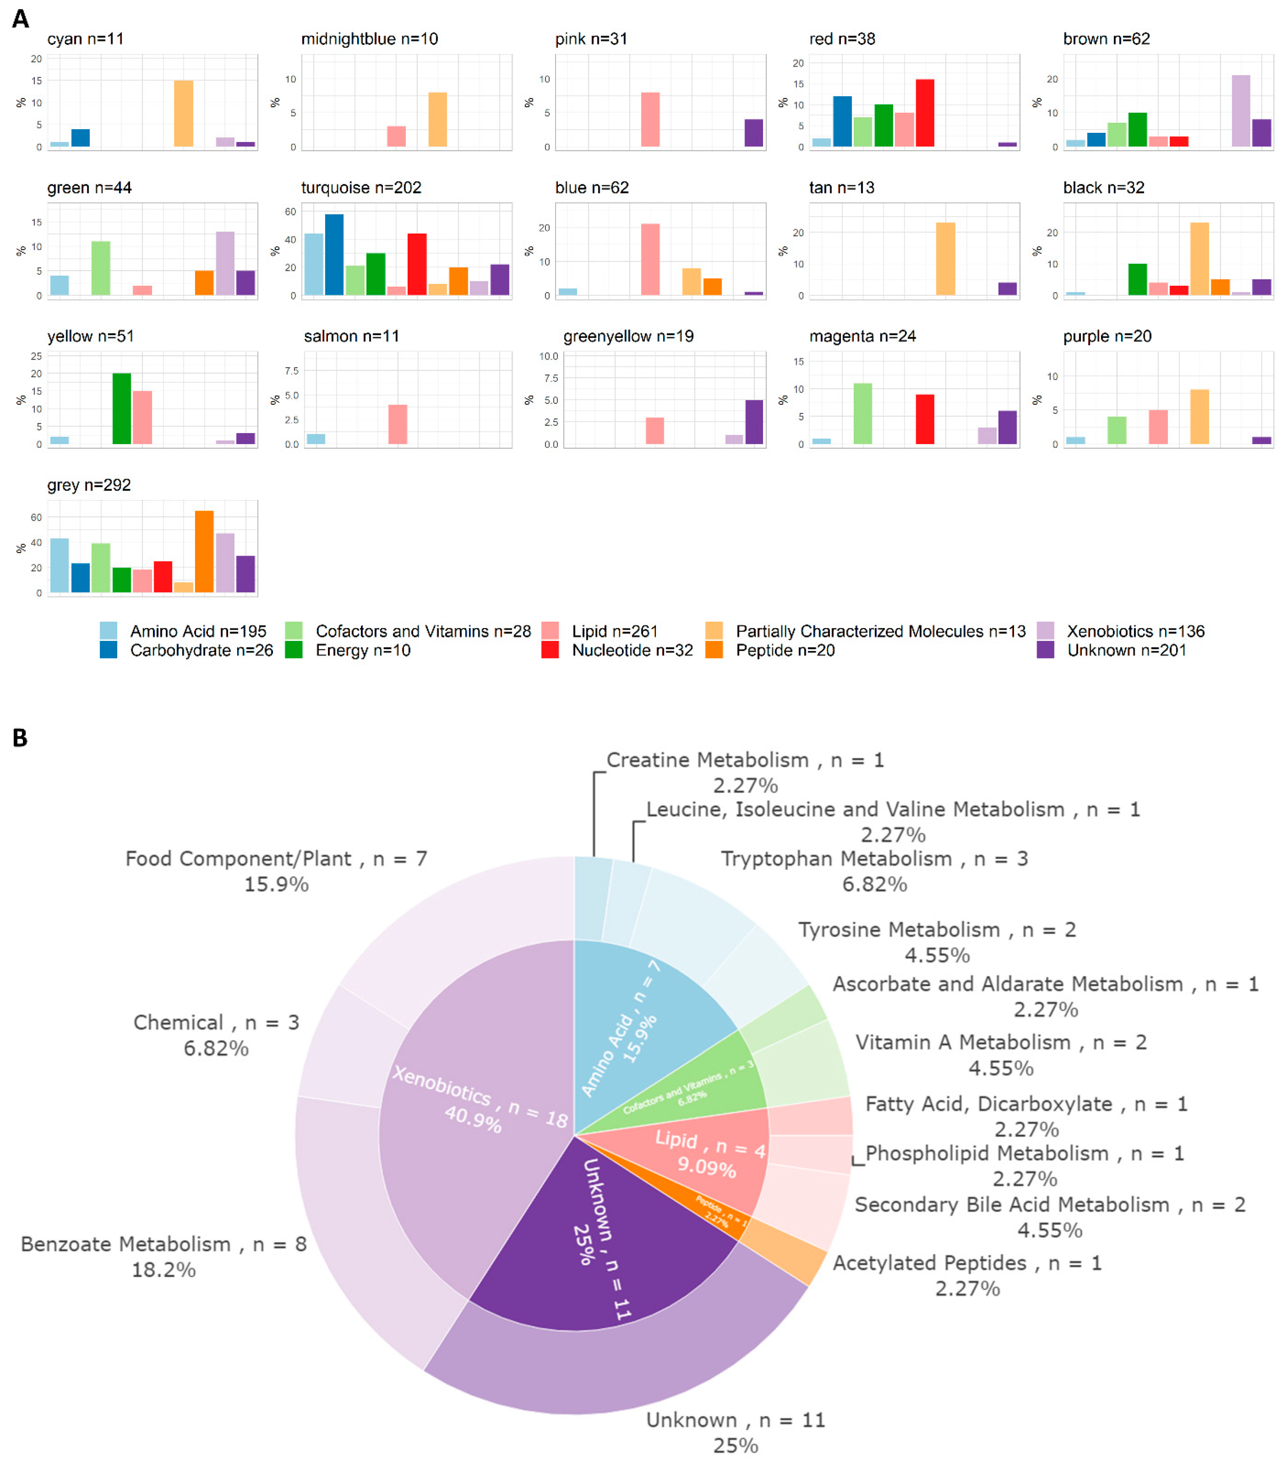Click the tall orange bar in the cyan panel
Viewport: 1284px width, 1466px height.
(x=183, y=113)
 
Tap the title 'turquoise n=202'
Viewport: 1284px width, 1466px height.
(x=361, y=188)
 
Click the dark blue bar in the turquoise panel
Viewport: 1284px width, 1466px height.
(x=334, y=254)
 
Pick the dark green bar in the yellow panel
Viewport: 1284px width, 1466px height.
(x=122, y=409)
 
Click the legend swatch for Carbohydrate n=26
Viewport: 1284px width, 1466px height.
(x=108, y=650)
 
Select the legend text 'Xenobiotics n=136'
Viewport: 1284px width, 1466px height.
(x=1135, y=631)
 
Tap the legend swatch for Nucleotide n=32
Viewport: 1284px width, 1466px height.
(x=549, y=650)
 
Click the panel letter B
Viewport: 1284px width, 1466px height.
(x=20, y=738)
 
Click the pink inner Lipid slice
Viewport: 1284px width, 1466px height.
(x=709, y=1154)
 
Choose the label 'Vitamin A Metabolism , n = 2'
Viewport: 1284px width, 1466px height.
(x=1001, y=1043)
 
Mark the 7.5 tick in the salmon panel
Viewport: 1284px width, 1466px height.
(x=292, y=370)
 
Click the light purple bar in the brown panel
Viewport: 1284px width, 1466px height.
(x=1240, y=111)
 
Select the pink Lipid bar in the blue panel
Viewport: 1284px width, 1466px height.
(x=650, y=259)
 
